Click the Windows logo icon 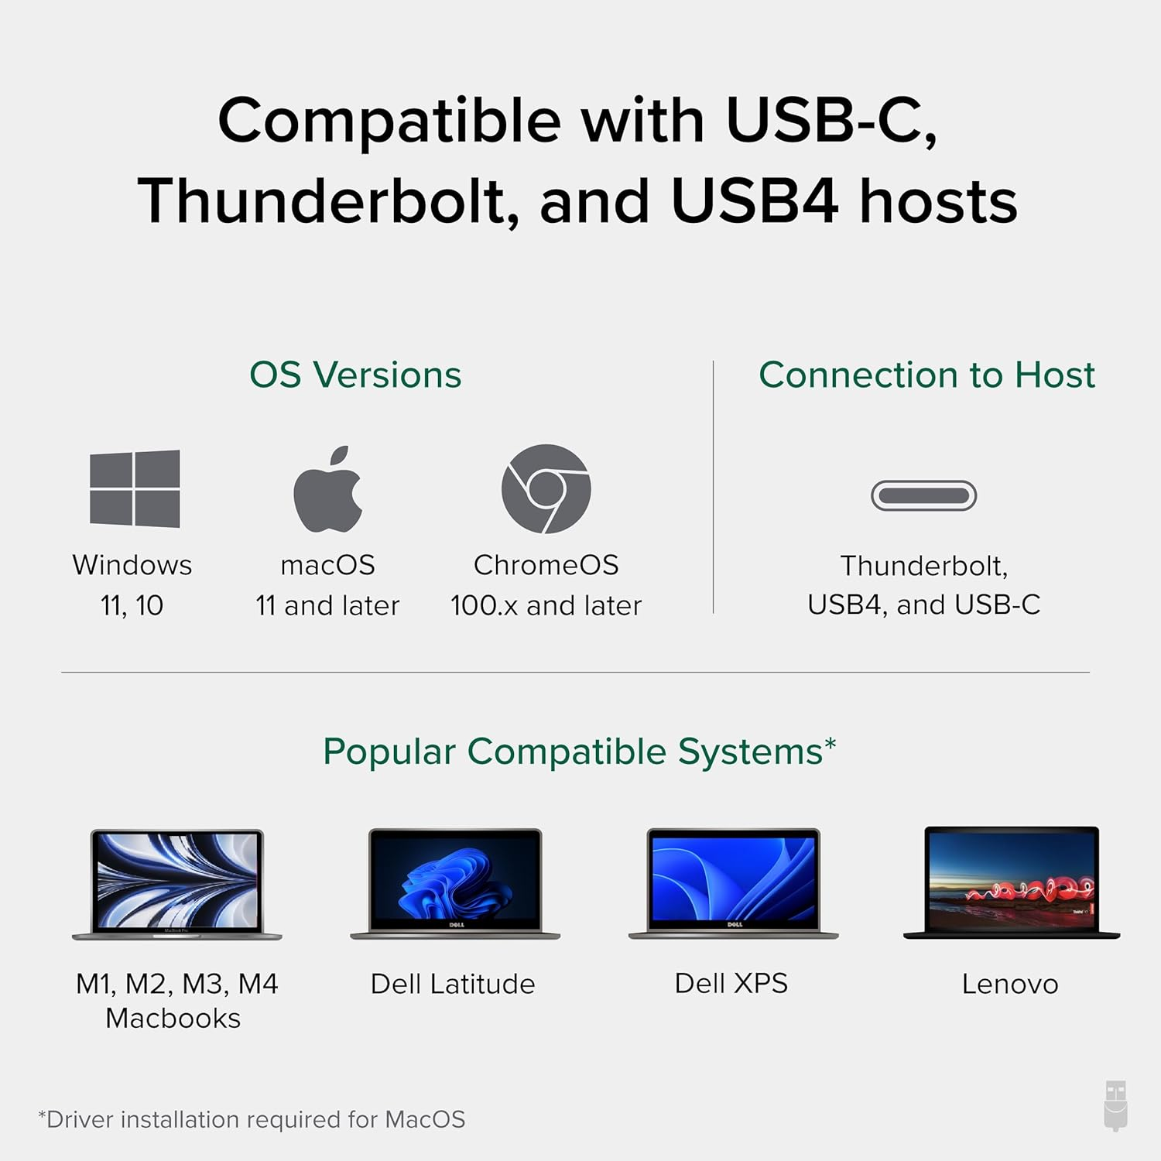pos(135,488)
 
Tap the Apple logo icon pos(328,490)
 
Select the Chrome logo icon pos(546,488)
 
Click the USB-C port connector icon pos(923,495)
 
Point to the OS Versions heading pos(355,375)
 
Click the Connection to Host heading pos(926,375)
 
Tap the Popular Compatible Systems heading pos(580,752)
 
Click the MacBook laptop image pos(177,884)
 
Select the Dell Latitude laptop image pos(455,884)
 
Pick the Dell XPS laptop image pos(733,884)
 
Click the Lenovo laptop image pos(1012,882)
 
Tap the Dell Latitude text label pos(453,984)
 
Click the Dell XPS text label pos(731,983)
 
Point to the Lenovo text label pos(1010,984)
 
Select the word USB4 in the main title pos(754,201)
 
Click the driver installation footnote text pos(252,1119)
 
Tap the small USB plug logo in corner pos(1115,1106)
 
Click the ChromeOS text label pos(546,565)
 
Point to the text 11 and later pos(327,605)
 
